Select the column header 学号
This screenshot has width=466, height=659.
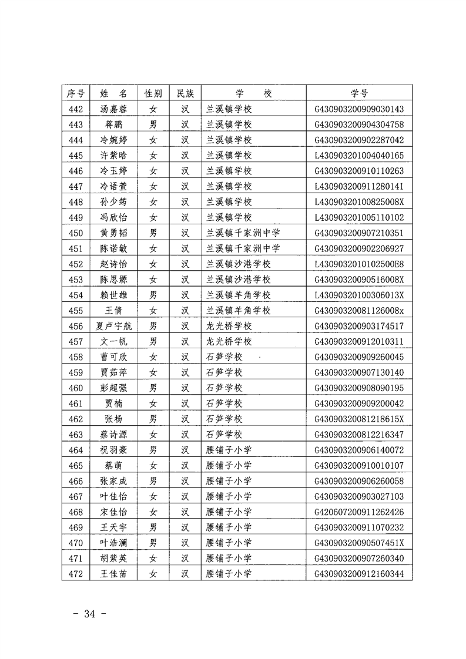pyautogui.click(x=360, y=93)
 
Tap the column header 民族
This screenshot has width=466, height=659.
pyautogui.click(x=185, y=93)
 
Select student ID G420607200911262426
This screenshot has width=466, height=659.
pyautogui.click(x=360, y=512)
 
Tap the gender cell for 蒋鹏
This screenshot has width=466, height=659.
pyautogui.click(x=153, y=125)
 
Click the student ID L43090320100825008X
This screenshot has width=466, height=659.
pyautogui.click(x=360, y=202)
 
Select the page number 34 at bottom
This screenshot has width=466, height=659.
pyautogui.click(x=89, y=614)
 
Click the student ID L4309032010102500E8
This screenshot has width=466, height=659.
pyautogui.click(x=360, y=264)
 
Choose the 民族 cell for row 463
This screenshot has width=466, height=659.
pyautogui.click(x=185, y=434)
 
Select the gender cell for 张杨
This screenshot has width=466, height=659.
pyautogui.click(x=153, y=419)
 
